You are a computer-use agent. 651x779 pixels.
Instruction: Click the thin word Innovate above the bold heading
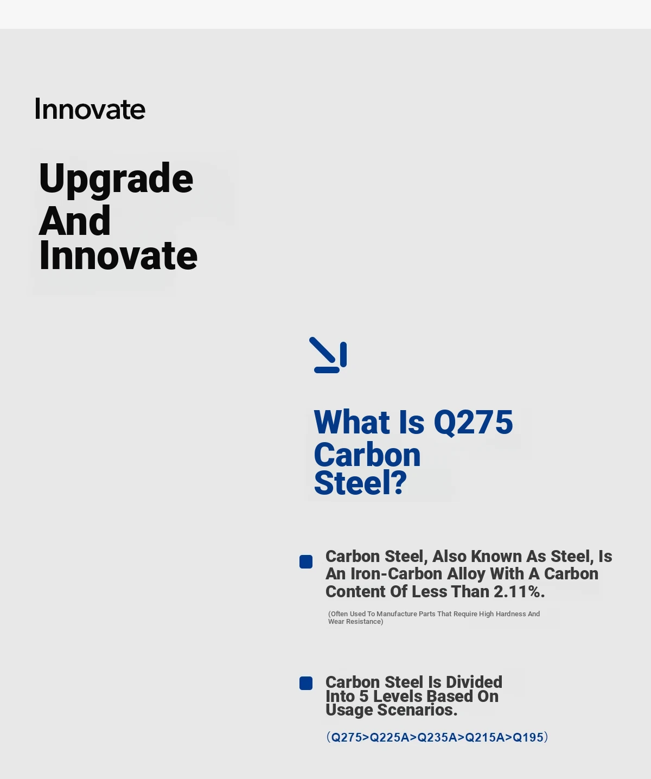pos(90,109)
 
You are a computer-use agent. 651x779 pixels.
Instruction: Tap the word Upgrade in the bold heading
pos(116,179)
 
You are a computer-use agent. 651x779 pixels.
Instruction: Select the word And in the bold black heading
pos(75,221)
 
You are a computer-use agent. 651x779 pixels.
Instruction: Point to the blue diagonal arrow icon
pos(328,355)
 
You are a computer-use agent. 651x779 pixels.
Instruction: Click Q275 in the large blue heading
pos(473,423)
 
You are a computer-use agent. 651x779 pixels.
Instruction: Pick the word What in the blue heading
pos(352,422)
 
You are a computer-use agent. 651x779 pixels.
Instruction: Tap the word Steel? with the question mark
pos(360,483)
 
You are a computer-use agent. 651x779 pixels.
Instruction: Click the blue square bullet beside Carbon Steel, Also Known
pos(306,562)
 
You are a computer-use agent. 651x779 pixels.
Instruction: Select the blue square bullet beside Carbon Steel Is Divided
pos(306,684)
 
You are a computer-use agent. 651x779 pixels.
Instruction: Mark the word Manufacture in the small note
pos(397,614)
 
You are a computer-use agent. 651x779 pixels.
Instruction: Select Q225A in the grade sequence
pos(390,737)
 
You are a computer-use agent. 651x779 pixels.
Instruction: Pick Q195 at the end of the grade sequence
pos(528,737)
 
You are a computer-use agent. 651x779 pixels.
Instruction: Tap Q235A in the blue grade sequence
pos(437,737)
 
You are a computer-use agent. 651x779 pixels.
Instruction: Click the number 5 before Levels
pos(363,696)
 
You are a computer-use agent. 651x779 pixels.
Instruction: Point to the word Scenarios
pos(417,710)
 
